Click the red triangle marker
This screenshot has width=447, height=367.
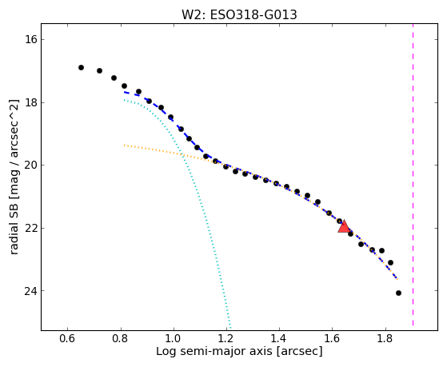tap(344, 226)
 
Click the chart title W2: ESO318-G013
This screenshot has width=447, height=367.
tap(239, 15)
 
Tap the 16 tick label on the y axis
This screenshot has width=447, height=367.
tap(31, 39)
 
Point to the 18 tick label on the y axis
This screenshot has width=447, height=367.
tap(31, 102)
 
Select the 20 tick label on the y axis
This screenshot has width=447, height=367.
tap(31, 165)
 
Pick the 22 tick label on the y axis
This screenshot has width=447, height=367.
tap(31, 228)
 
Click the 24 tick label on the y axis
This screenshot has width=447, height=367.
tap(31, 291)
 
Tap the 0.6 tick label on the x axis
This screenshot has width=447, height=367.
tap(67, 339)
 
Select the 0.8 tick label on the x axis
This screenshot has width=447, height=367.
tap(121, 339)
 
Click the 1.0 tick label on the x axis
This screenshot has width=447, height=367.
tap(174, 339)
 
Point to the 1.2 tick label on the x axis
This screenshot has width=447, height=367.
tap(226, 339)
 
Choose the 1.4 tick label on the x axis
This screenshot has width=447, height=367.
tap(279, 339)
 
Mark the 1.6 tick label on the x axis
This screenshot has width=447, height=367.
tap(333, 339)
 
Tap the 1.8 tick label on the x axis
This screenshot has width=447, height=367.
tap(385, 339)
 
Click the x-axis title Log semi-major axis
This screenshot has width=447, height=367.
tap(214, 352)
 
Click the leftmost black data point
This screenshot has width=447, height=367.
tap(81, 68)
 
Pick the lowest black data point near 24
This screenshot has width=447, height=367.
tap(398, 293)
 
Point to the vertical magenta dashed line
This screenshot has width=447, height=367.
tap(413, 175)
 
